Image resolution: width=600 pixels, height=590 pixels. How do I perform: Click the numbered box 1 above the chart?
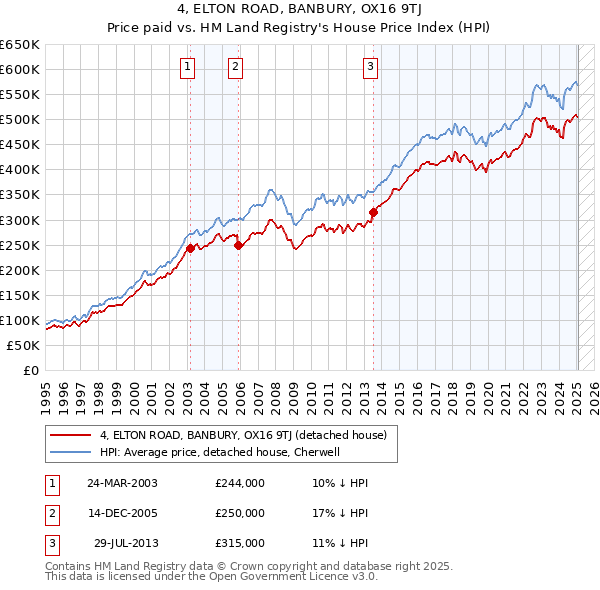tap(188, 67)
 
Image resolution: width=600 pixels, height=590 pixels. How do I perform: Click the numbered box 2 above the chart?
tap(235, 67)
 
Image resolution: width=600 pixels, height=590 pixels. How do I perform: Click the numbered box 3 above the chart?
tap(370, 67)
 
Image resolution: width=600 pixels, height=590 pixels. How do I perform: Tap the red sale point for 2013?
tap(373, 212)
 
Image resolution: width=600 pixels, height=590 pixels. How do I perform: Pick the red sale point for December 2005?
tap(239, 244)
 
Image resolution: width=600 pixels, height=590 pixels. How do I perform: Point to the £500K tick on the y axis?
tap(22, 120)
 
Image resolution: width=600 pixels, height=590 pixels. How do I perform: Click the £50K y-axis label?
tap(25, 345)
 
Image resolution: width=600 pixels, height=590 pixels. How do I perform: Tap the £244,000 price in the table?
tap(240, 483)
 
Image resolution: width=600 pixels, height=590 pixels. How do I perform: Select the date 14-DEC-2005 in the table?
tap(123, 513)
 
